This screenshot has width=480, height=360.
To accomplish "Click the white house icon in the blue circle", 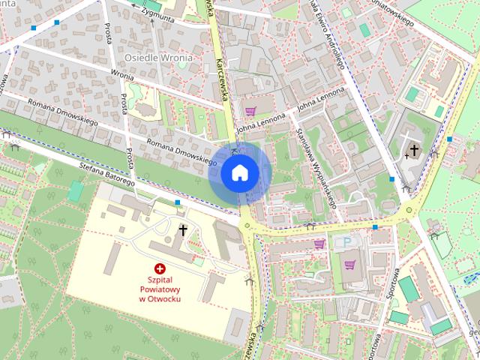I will click(x=239, y=173).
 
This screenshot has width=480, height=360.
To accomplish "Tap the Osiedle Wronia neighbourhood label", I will click(x=157, y=58).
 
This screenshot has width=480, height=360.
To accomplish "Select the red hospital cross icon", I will click(x=159, y=268).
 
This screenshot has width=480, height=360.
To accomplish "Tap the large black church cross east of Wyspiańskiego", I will click(x=413, y=151).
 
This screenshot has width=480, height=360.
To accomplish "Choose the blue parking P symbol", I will click(x=346, y=242).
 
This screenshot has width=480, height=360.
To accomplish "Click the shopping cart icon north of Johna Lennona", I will click(x=250, y=110).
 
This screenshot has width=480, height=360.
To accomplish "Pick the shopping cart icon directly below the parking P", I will click(x=349, y=263).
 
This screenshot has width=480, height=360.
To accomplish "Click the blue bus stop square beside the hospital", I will click(x=178, y=202).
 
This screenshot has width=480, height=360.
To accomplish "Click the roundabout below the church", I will click(x=409, y=210).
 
